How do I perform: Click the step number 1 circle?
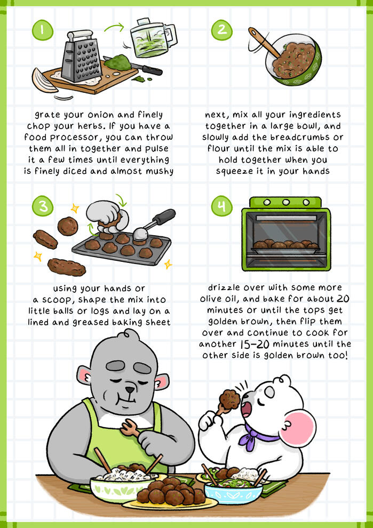pyautogui.click(x=43, y=30)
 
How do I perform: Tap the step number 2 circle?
pyautogui.click(x=221, y=30)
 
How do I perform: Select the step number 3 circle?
pyautogui.click(x=43, y=206)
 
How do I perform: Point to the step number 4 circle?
pyautogui.click(x=221, y=206)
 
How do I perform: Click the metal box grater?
pyautogui.click(x=81, y=57)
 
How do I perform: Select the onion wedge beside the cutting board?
pyautogui.click(x=44, y=81)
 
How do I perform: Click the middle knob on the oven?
pyautogui.click(x=286, y=202)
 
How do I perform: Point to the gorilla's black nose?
pyautogui.click(x=130, y=390)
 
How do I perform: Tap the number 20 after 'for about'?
pyautogui.click(x=343, y=299)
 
